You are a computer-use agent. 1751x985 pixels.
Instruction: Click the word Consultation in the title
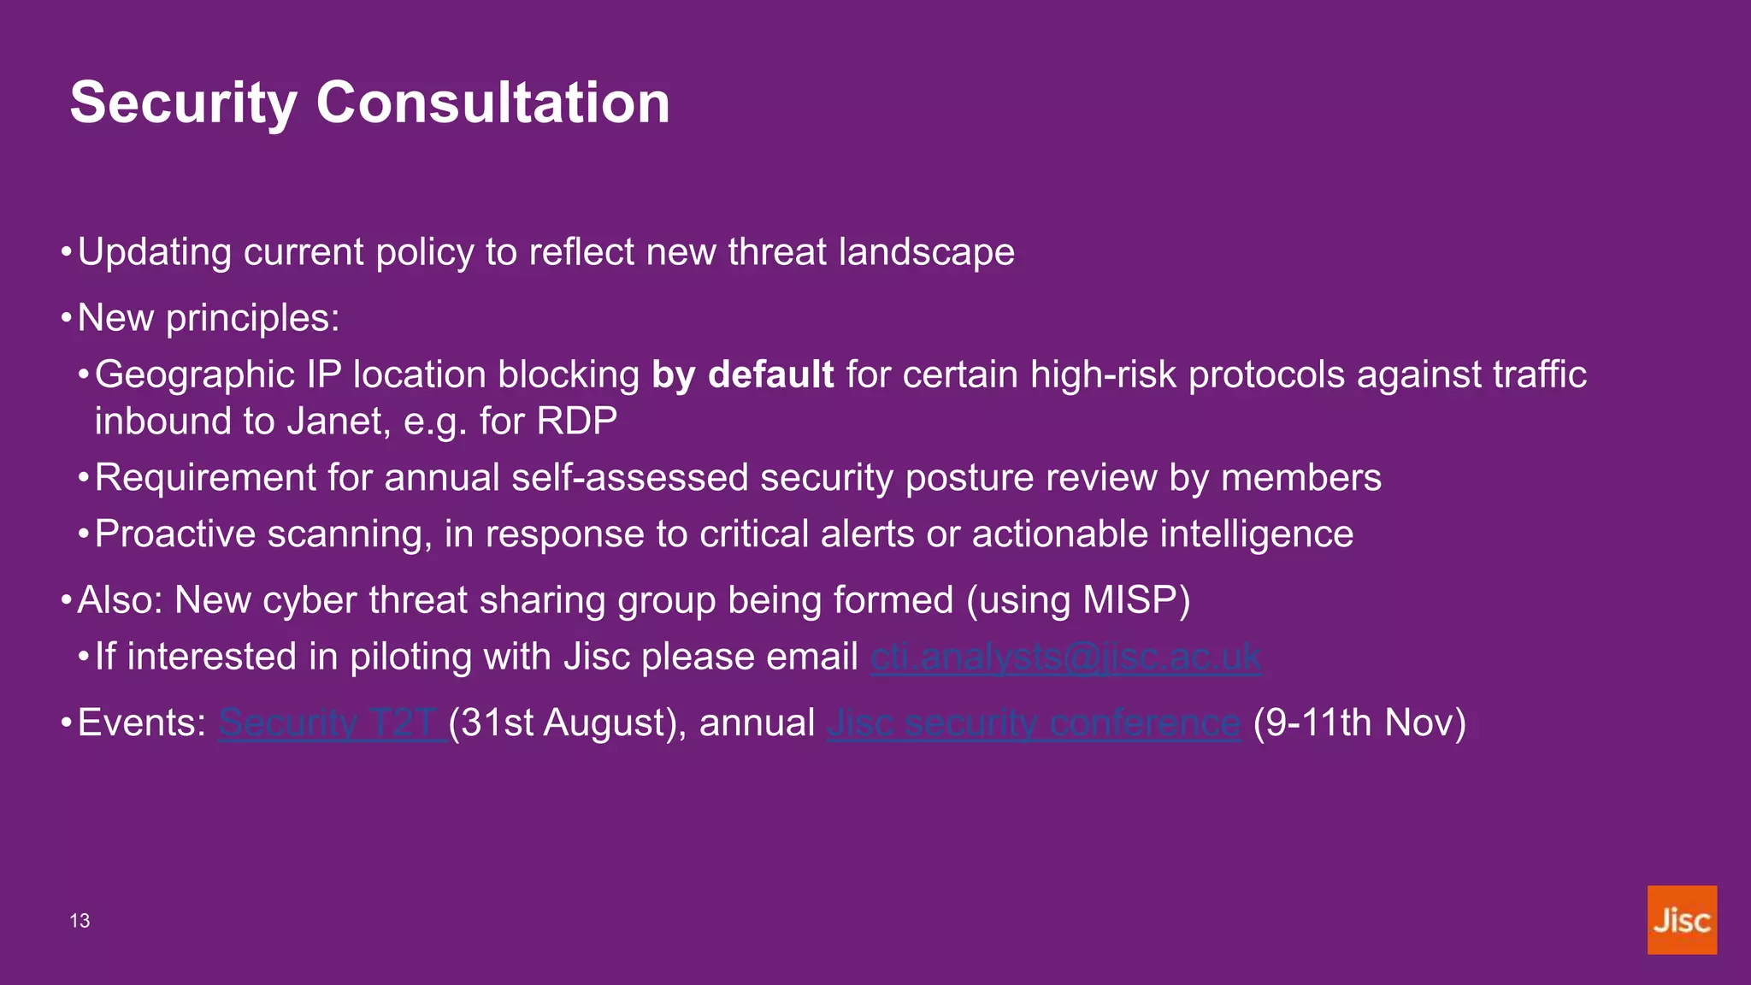click(492, 103)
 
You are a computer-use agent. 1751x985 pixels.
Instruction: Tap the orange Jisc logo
click(1681, 920)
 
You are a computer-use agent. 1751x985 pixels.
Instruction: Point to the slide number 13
click(80, 921)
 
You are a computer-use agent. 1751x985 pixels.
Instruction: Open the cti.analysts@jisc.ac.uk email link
click(1064, 658)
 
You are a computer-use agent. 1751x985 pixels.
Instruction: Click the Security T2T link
click(330, 723)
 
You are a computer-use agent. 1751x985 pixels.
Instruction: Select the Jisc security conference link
click(1033, 723)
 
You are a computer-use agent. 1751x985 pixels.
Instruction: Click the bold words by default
click(742, 375)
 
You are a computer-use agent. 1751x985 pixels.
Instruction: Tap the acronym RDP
click(577, 422)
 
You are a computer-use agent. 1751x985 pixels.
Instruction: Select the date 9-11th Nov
click(1359, 723)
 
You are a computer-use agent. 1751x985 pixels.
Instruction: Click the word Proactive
click(174, 534)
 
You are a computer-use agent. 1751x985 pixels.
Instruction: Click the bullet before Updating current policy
click(66, 253)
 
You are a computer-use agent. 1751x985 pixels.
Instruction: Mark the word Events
click(139, 723)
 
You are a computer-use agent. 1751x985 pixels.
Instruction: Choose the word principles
click(251, 319)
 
